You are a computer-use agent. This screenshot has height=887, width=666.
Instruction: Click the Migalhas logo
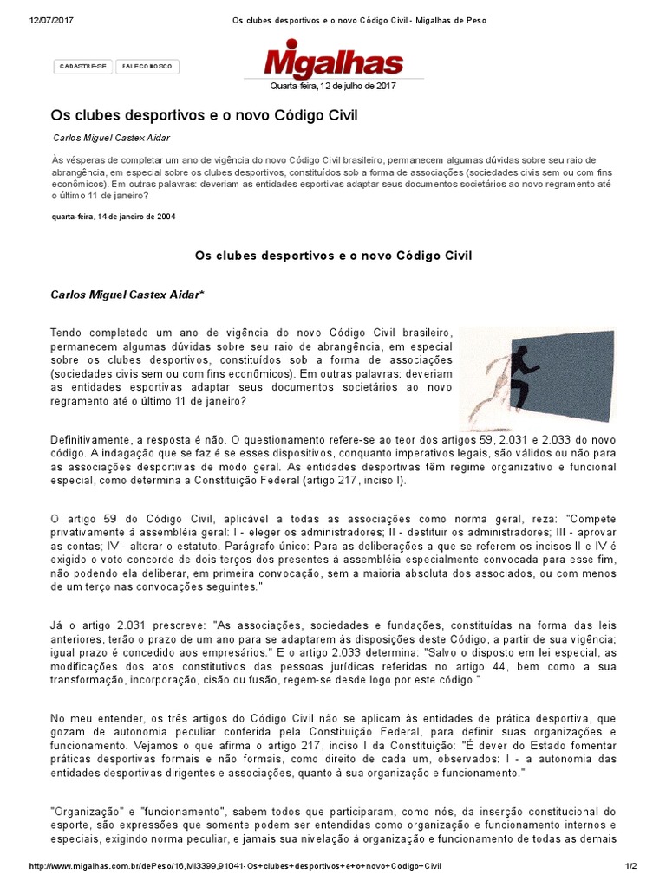(x=335, y=62)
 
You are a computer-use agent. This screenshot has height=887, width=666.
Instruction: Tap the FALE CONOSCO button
(x=147, y=66)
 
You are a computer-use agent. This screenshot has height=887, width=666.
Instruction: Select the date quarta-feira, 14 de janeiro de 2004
(x=114, y=217)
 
